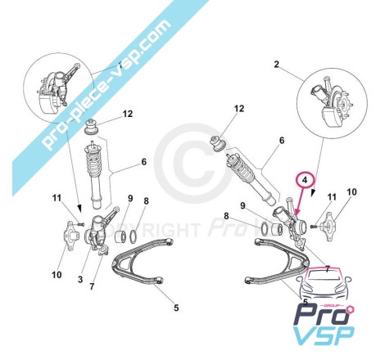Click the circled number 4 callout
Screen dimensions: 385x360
tap(306, 180)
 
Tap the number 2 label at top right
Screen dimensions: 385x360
tap(277, 65)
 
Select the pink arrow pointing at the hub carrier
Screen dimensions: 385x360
tap(301, 201)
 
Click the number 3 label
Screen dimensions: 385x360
tap(80, 279)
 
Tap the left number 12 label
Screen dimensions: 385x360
tap(128, 114)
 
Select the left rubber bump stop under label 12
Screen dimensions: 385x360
tap(92, 127)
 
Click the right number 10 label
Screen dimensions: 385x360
tap(351, 192)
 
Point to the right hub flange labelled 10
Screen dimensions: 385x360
tap(329, 227)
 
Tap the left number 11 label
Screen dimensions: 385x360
tap(57, 198)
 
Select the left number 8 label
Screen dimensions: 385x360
tap(146, 201)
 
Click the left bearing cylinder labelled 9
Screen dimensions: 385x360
tap(120, 236)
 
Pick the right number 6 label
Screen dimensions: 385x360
tap(282, 141)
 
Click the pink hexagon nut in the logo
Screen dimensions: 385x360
tap(350, 310)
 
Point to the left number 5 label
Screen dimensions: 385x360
tap(176, 308)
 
